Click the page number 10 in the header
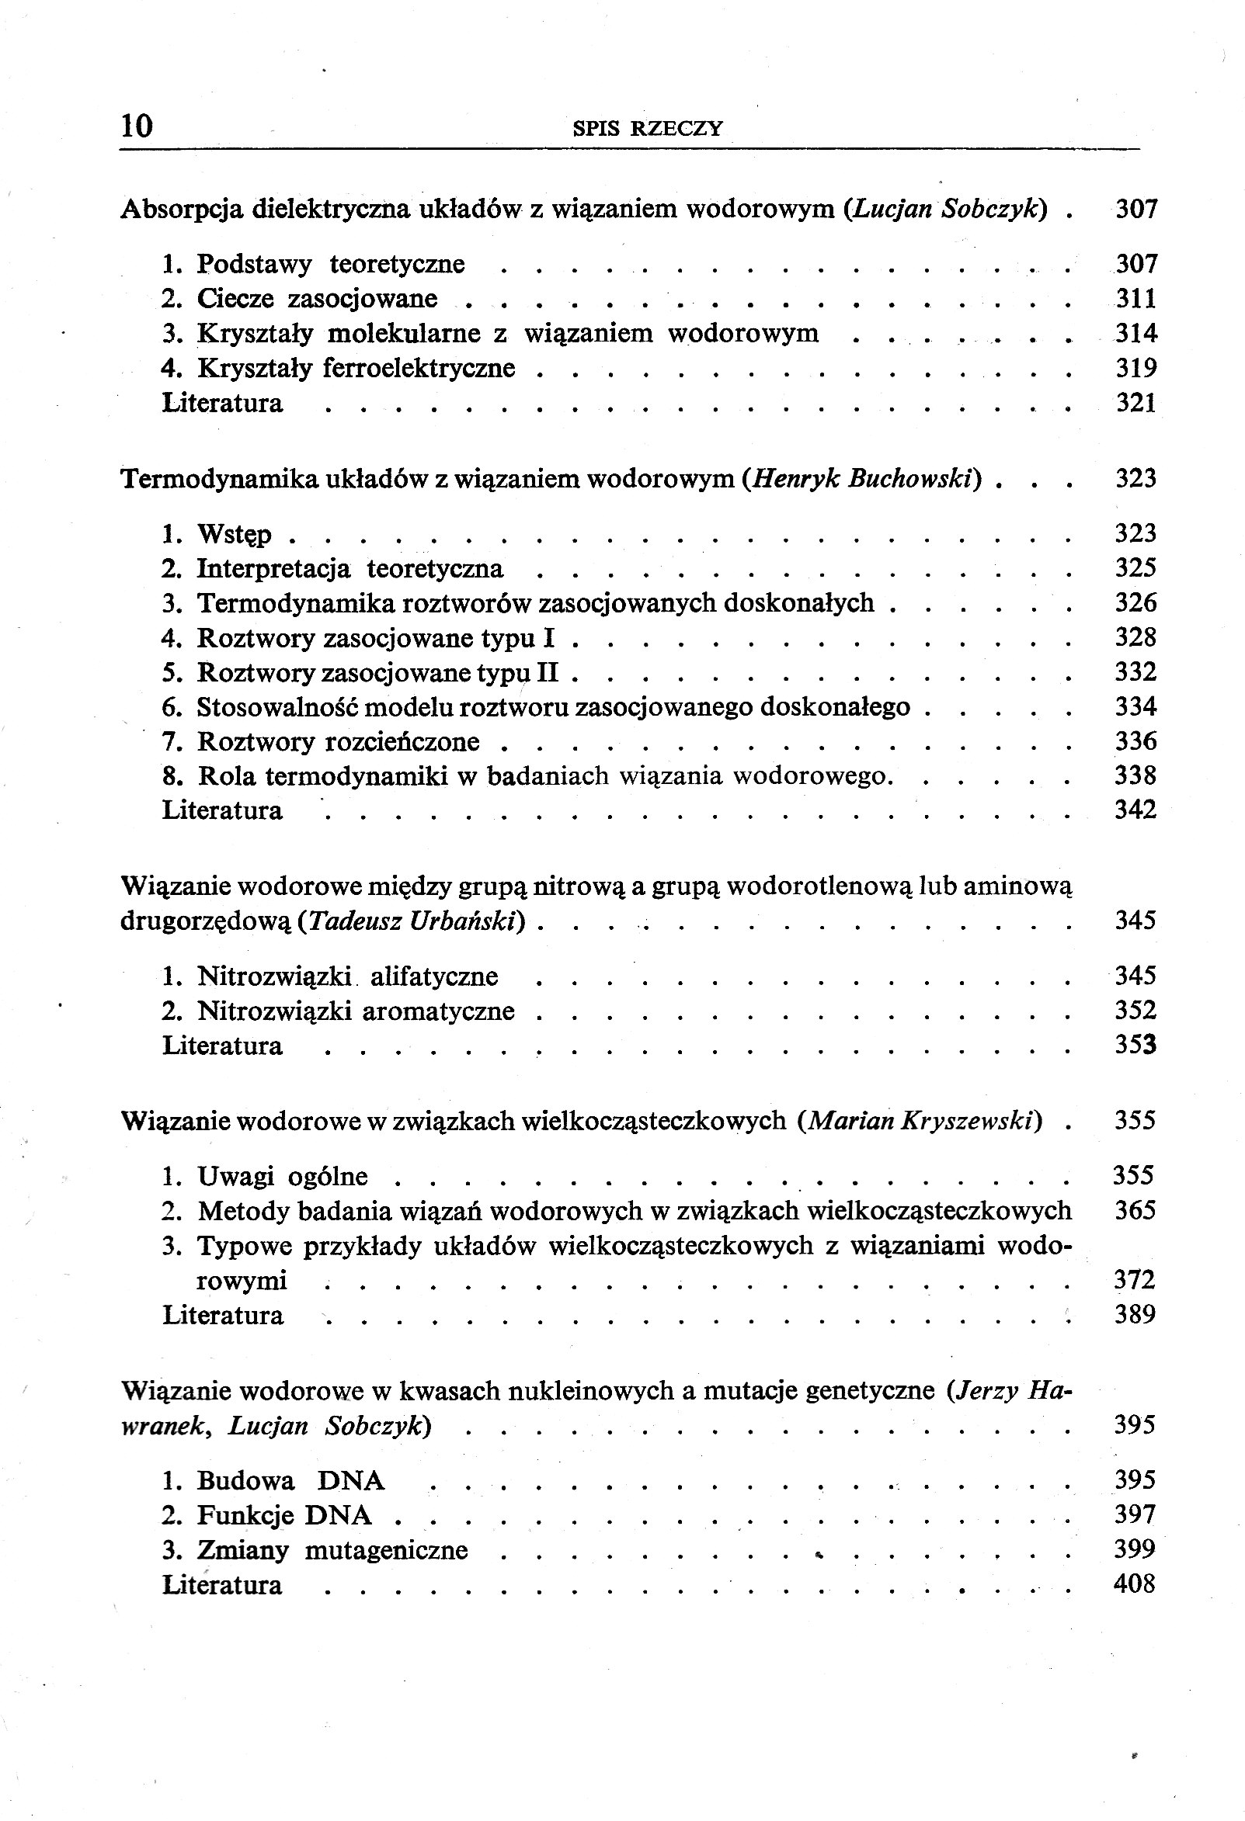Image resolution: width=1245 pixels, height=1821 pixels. tap(137, 126)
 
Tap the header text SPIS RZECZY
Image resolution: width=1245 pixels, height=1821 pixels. tap(648, 129)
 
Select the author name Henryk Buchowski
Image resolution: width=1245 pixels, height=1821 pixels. tap(861, 479)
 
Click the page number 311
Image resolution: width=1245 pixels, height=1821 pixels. tap(1136, 299)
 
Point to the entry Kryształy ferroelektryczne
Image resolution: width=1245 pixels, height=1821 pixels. tap(356, 368)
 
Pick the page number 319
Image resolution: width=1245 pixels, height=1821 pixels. tap(1136, 368)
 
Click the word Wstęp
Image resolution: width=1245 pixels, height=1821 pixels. tap(234, 534)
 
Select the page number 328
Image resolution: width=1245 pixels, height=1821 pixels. tap(1136, 637)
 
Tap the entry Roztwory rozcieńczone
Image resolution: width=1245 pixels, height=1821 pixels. tap(338, 741)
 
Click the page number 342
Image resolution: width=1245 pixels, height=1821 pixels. tap(1136, 810)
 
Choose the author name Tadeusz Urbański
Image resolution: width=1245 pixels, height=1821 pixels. tap(412, 921)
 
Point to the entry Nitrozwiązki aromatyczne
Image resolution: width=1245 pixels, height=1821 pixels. tap(356, 1011)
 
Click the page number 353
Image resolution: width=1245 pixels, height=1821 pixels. tap(1136, 1046)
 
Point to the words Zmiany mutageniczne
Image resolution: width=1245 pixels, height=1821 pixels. tap(332, 1550)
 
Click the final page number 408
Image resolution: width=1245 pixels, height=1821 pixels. tap(1135, 1584)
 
